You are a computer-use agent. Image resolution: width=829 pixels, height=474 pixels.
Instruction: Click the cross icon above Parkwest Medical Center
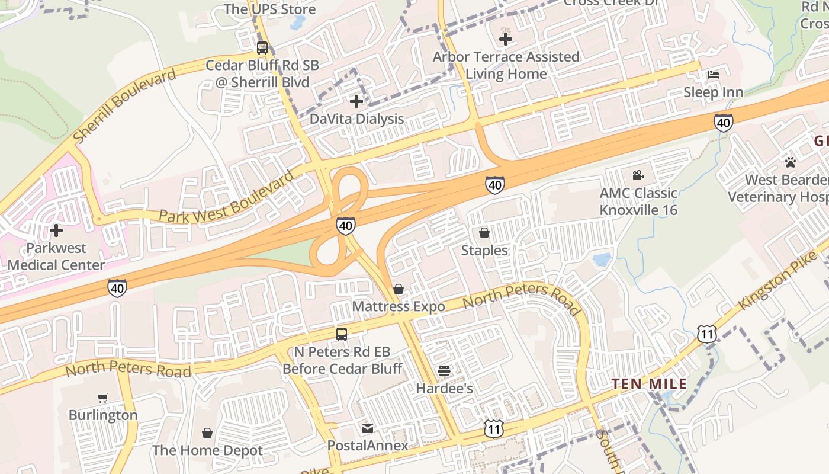56,230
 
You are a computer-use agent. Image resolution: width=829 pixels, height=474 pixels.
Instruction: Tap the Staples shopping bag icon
484,233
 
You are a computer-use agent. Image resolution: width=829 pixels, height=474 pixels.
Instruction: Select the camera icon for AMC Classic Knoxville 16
638,175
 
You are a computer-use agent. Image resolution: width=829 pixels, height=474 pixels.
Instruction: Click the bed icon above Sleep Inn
714,75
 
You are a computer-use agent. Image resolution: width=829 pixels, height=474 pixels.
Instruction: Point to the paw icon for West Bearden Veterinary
790,162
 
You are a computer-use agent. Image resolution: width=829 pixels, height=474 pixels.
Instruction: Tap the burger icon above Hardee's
444,371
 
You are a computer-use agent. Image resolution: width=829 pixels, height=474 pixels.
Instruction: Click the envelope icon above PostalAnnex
368,428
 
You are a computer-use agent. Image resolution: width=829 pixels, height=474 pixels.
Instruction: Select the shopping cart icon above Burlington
103,398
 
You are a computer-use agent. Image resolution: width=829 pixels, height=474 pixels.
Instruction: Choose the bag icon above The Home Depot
207,433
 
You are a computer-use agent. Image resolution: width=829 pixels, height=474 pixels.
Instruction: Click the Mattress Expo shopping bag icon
399,289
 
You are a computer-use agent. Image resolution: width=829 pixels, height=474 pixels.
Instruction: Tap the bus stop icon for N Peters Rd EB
342,334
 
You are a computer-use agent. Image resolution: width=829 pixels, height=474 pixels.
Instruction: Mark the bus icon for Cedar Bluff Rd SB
262,48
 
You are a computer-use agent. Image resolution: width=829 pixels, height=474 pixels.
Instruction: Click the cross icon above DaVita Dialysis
356,101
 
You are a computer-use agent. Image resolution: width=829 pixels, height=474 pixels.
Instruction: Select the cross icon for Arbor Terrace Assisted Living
506,39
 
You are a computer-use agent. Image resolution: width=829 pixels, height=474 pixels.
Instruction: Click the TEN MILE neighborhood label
649,384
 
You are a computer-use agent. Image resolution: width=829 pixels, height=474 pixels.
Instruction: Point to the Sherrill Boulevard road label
125,105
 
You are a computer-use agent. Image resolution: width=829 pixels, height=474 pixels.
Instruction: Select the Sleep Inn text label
714,92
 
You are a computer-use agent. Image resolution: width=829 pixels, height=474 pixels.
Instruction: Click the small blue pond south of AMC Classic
602,260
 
